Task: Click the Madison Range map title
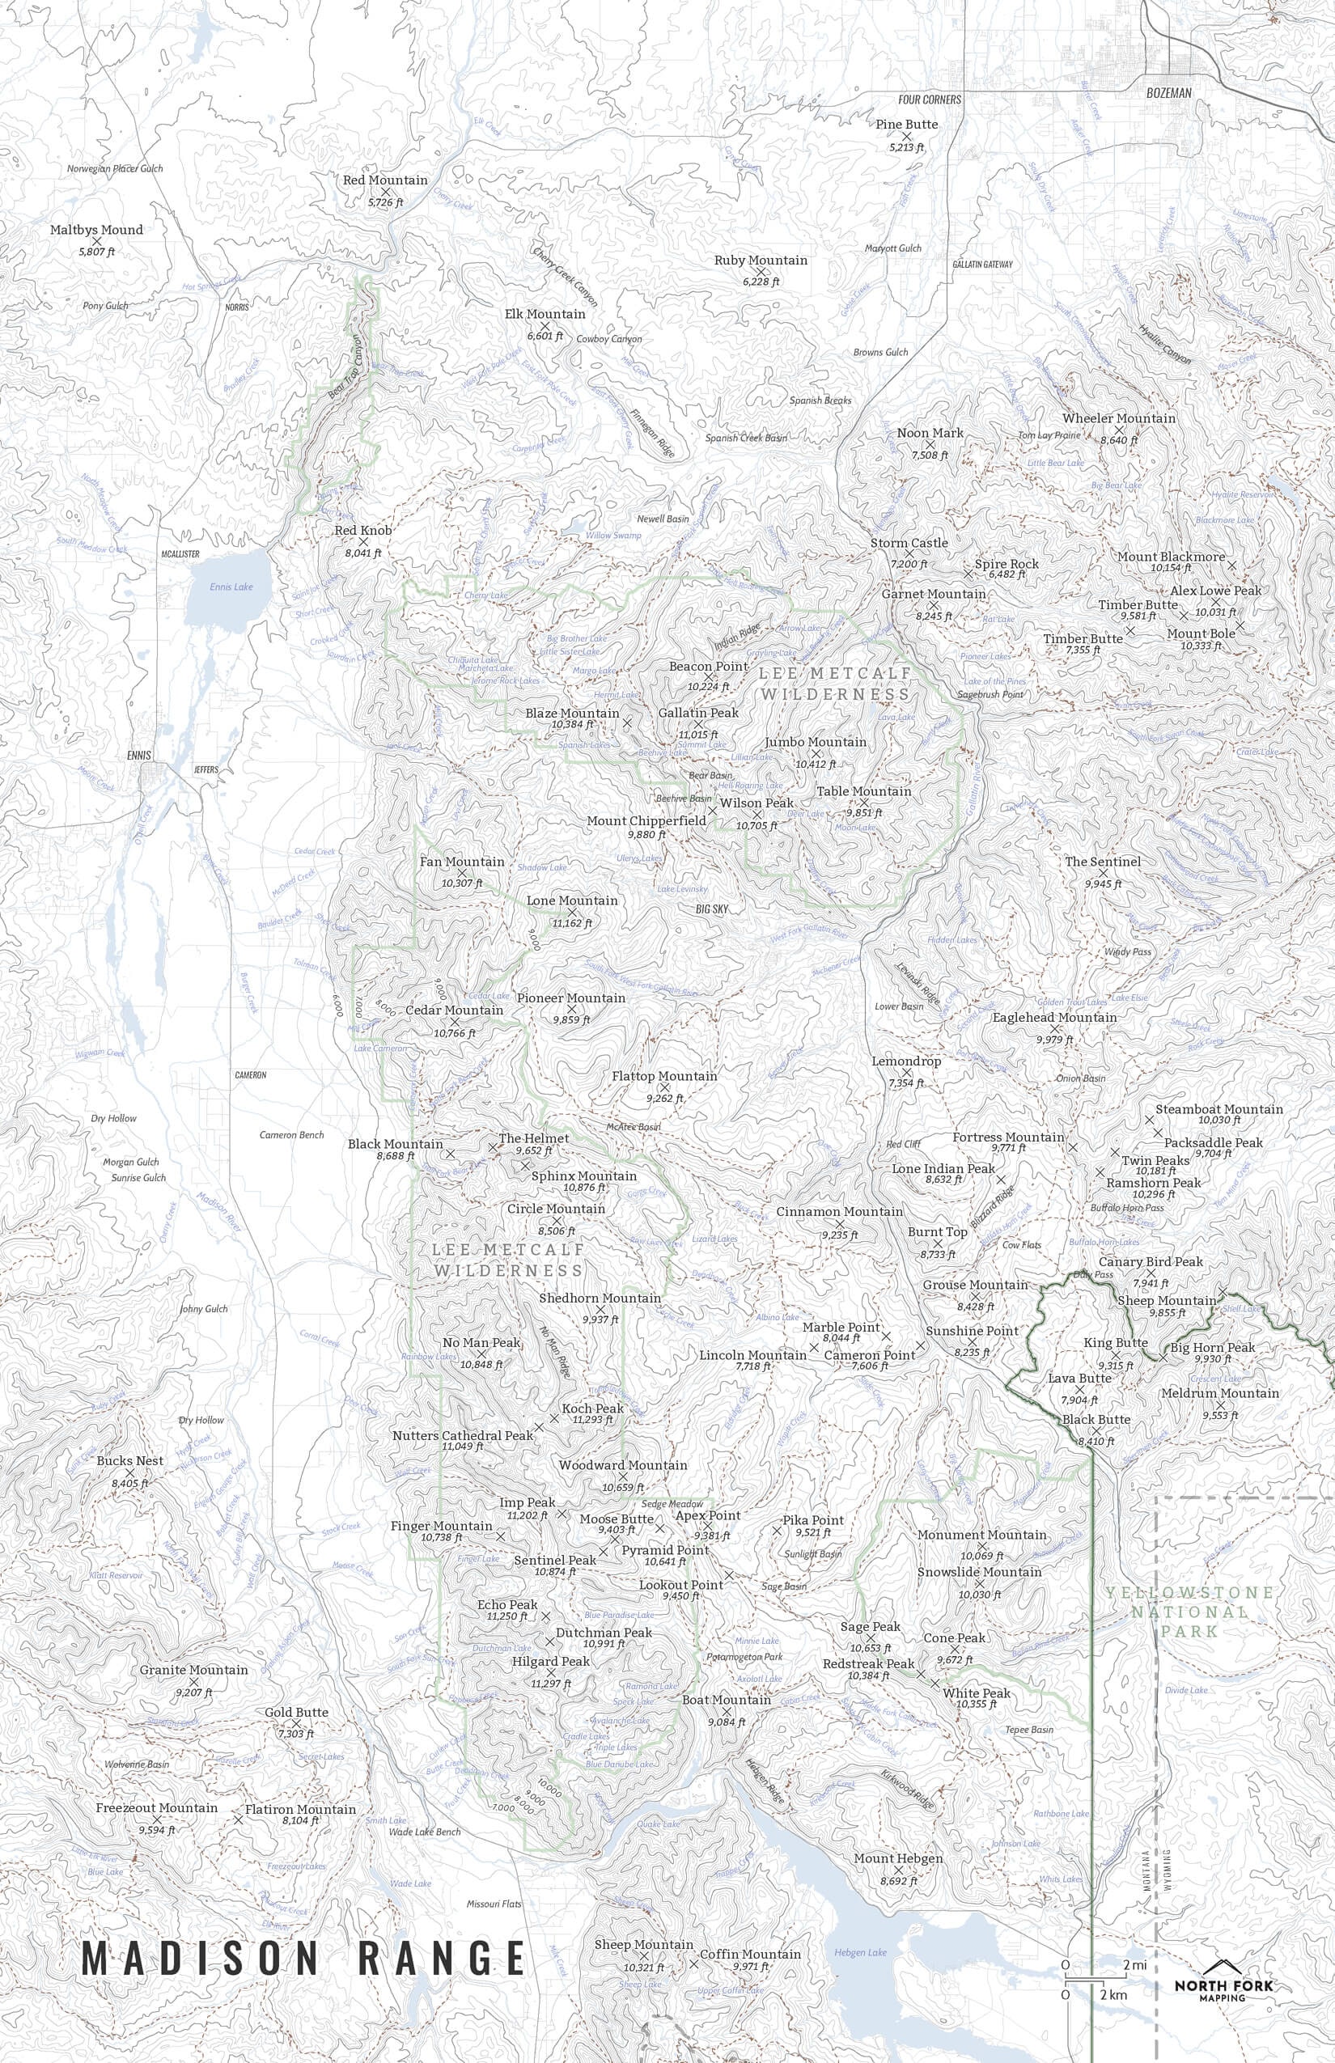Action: pos(303,1934)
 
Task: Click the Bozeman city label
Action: pos(1168,93)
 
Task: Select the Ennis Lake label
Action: pos(231,587)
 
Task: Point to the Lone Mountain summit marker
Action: pos(571,912)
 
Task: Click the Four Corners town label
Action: pos(930,100)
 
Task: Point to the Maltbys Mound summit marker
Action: pos(97,241)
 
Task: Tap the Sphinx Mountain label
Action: pos(583,1176)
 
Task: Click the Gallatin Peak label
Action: pos(699,713)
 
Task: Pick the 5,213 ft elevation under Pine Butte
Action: pos(907,147)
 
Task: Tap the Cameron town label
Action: pos(251,1075)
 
